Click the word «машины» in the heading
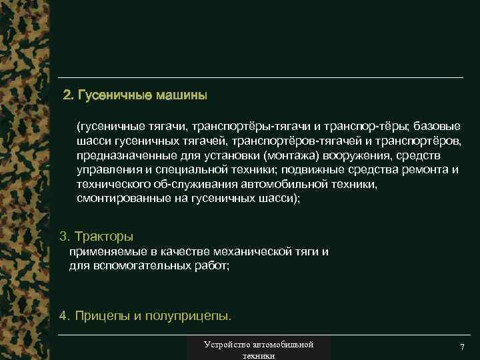pyautogui.click(x=182, y=95)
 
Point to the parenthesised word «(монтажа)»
pyautogui.click(x=291, y=155)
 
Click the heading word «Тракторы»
pyautogui.click(x=105, y=237)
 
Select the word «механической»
pyautogui.click(x=255, y=251)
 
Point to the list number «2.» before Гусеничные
pyautogui.click(x=67, y=95)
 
